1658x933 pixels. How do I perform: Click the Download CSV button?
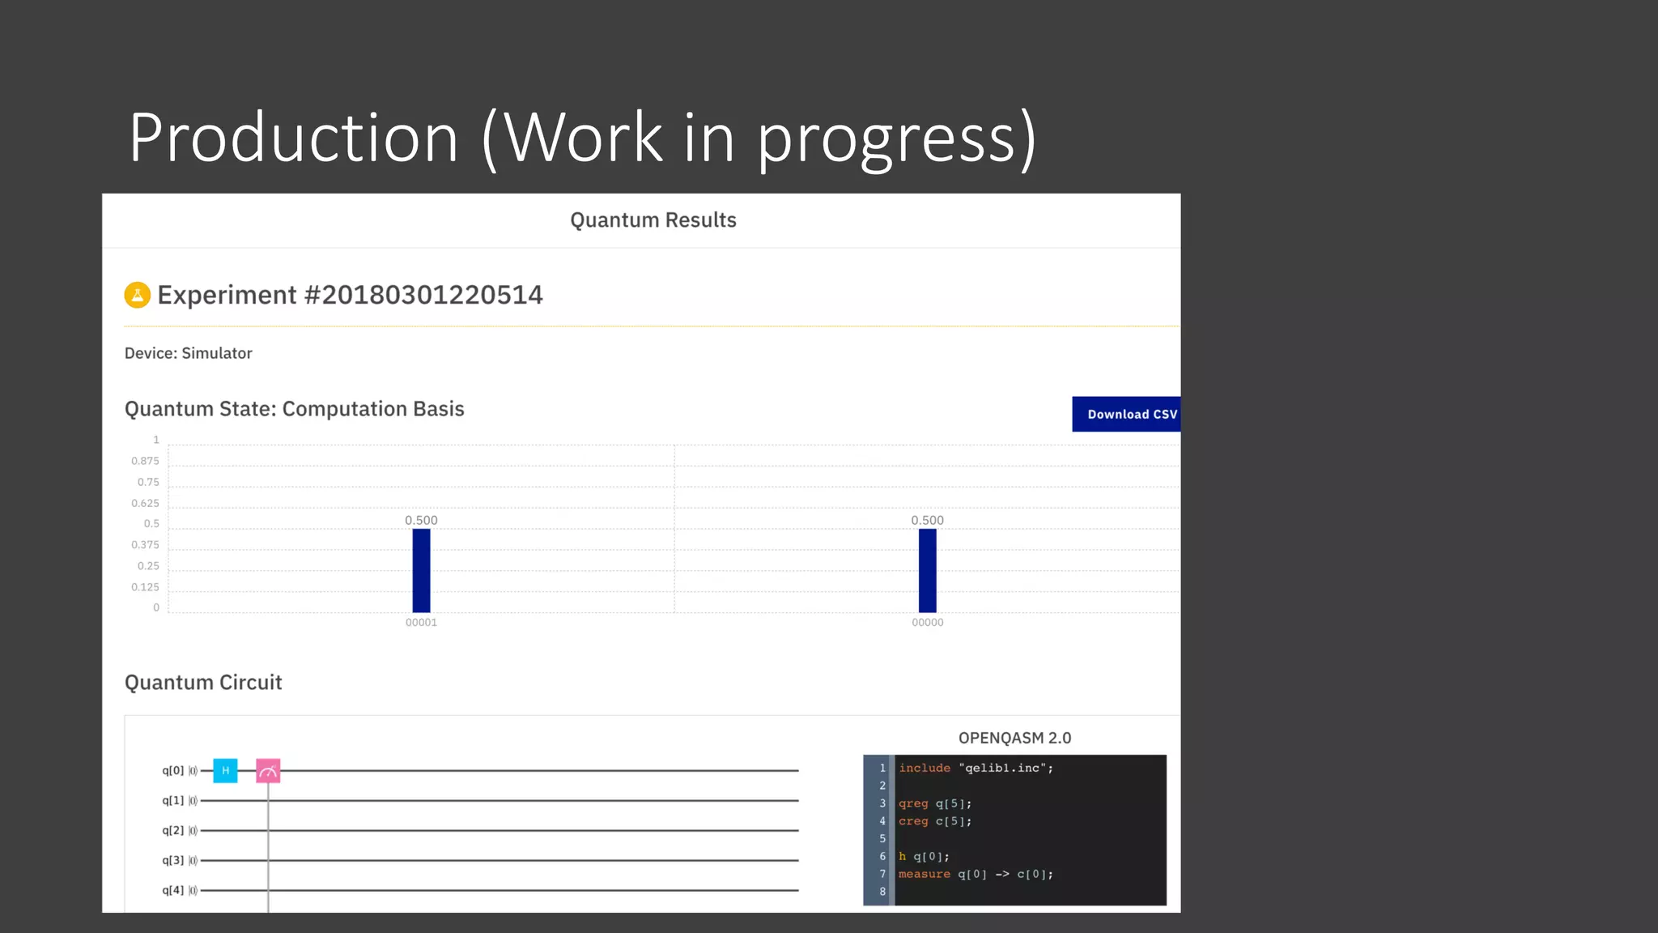click(x=1126, y=414)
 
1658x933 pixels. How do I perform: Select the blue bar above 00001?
click(x=421, y=570)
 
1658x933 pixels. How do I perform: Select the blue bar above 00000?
click(x=927, y=570)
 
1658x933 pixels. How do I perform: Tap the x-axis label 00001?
click(x=421, y=622)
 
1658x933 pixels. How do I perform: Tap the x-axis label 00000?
click(x=927, y=622)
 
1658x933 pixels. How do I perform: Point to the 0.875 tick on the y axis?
click(x=146, y=461)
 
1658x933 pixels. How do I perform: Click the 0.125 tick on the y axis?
click(x=146, y=587)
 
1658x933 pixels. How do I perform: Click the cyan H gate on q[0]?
click(x=225, y=770)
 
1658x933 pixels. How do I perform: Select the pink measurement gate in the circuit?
click(x=268, y=770)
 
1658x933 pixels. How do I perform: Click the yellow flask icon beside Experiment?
click(x=138, y=295)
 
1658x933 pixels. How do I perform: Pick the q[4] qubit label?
click(x=173, y=890)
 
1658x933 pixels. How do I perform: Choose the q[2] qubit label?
click(x=173, y=830)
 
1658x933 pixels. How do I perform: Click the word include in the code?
click(x=925, y=768)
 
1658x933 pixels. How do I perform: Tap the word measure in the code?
click(x=925, y=874)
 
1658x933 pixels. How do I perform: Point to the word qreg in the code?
click(x=913, y=803)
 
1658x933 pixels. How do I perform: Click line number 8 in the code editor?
click(x=882, y=892)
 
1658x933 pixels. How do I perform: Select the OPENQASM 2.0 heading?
click(x=1014, y=738)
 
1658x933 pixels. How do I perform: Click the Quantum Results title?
click(x=653, y=220)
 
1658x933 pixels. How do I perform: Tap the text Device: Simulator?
click(x=189, y=353)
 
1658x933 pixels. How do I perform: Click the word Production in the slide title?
click(x=294, y=138)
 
